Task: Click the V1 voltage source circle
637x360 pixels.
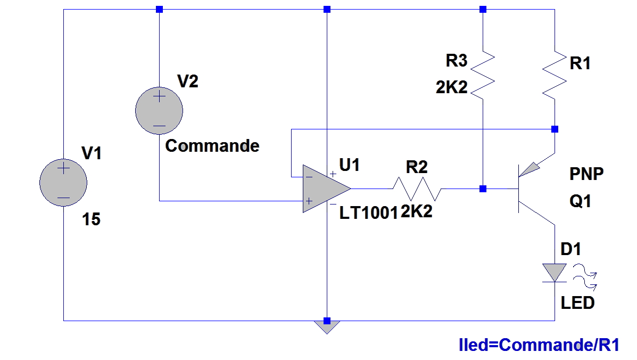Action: point(63,182)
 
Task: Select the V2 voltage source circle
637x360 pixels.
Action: point(159,110)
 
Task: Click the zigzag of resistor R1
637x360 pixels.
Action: point(555,74)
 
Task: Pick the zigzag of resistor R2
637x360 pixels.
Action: point(417,188)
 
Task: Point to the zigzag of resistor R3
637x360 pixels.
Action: point(482,74)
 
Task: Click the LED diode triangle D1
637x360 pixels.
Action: point(555,272)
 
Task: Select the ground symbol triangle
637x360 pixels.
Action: point(327,326)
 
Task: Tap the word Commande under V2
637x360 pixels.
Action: point(212,146)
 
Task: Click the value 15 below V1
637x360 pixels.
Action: point(92,219)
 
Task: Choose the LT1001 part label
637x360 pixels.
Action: point(369,214)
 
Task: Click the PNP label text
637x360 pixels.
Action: point(587,174)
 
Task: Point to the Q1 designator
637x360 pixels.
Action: point(580,202)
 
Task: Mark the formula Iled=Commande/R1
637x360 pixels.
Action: point(539,345)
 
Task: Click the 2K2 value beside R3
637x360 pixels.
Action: point(451,88)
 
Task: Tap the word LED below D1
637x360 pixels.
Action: point(578,303)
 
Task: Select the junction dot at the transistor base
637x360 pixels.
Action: point(483,189)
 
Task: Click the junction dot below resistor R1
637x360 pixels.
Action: point(555,129)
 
